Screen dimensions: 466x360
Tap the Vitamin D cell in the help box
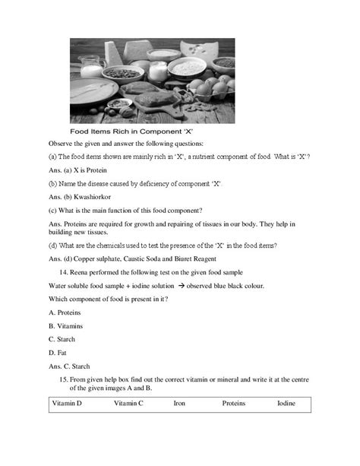67,403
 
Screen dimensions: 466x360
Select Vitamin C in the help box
128,403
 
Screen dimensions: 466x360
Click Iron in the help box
179,403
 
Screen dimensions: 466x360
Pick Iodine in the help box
286,403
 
